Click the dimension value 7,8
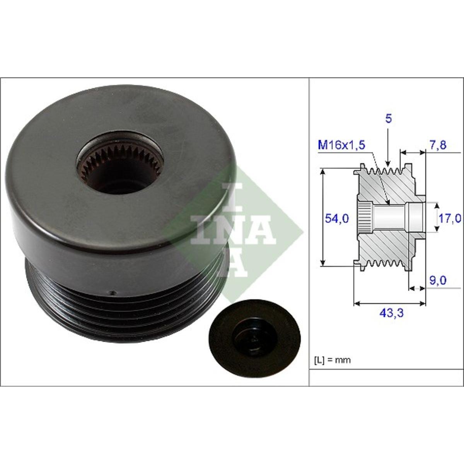[x=438, y=145]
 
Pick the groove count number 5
[x=388, y=119]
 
